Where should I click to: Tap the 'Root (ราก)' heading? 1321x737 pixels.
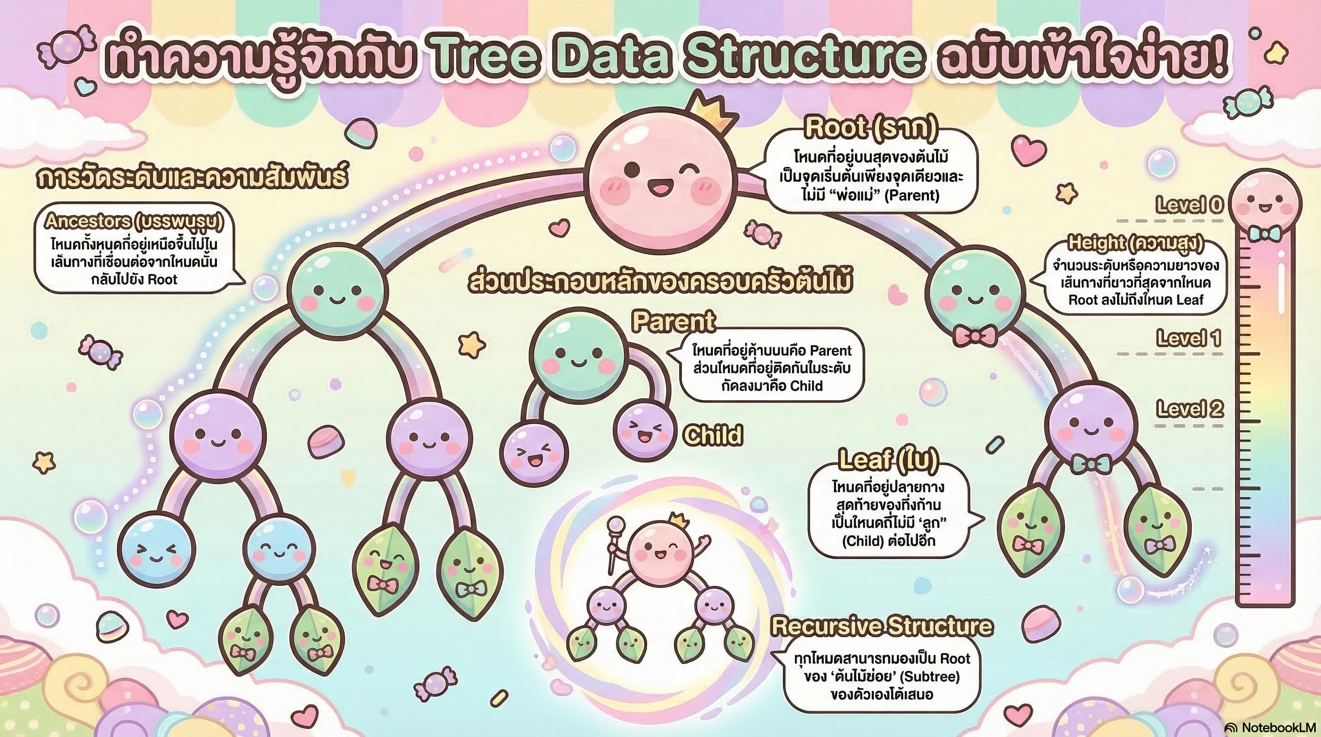point(870,129)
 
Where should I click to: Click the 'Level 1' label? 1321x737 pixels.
point(1189,339)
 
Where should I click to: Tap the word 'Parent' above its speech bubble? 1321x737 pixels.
point(673,322)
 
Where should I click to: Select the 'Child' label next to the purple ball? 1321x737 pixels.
point(713,435)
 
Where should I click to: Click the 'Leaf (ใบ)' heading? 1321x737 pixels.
point(888,459)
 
